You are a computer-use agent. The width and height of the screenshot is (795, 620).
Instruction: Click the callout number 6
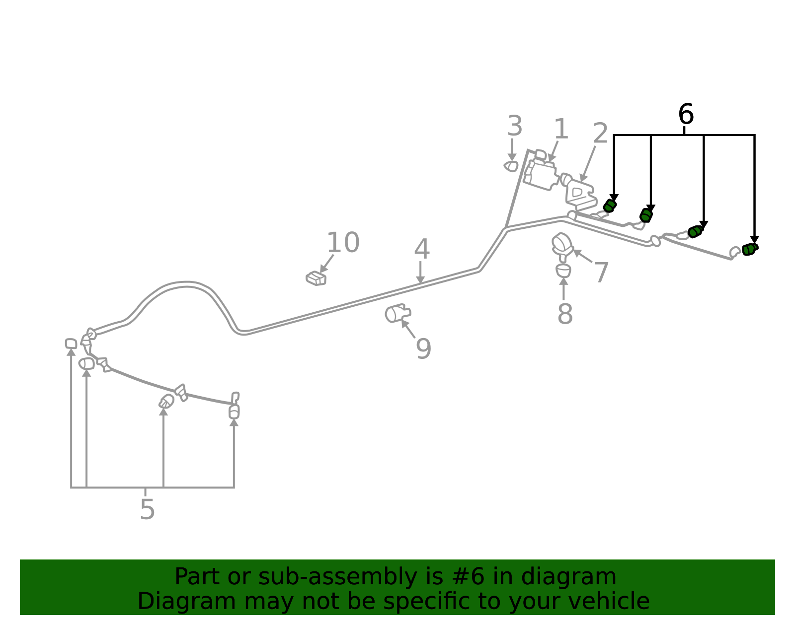click(686, 114)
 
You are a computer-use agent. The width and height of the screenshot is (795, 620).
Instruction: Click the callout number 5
click(148, 509)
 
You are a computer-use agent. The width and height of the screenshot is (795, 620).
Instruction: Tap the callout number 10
click(343, 242)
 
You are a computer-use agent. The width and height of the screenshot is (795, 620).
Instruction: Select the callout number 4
click(421, 249)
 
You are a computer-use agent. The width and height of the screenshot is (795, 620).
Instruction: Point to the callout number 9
click(423, 348)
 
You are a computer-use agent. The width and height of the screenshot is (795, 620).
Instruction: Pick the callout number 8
click(565, 313)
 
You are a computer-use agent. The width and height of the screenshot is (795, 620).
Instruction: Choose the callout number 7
click(601, 272)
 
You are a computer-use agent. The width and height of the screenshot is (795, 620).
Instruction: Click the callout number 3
click(514, 126)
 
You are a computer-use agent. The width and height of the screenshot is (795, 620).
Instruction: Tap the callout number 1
click(561, 129)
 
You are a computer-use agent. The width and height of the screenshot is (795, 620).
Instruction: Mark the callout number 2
click(600, 133)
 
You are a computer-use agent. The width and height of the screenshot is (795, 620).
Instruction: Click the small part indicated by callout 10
click(316, 278)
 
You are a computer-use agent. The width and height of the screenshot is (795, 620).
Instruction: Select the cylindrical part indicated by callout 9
click(397, 313)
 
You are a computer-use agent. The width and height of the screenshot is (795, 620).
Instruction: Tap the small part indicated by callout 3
click(511, 166)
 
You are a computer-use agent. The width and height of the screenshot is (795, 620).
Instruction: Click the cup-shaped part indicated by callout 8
click(563, 271)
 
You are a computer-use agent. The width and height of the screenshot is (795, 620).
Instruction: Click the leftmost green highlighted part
click(610, 206)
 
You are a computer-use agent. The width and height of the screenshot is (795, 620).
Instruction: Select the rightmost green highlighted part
click(750, 249)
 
